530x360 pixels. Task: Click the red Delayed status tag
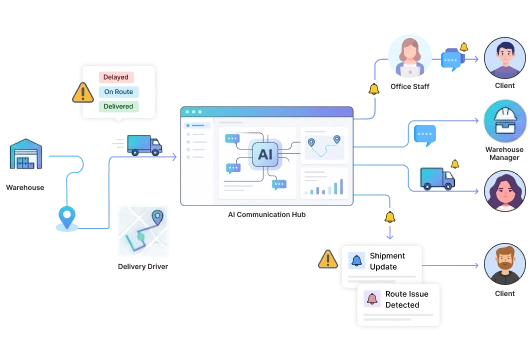click(116, 77)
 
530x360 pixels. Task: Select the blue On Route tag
click(119, 91)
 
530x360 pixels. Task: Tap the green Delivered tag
click(118, 105)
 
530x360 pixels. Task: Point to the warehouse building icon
click(24, 155)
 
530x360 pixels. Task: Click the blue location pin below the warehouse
click(66, 214)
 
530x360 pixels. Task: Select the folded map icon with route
click(142, 232)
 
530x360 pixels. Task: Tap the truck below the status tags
click(139, 145)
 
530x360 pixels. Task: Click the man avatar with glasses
click(504, 58)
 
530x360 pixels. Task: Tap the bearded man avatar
click(504, 264)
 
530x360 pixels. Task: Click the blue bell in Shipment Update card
click(357, 261)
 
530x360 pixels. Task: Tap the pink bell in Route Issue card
click(372, 298)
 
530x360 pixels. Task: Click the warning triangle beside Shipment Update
click(327, 260)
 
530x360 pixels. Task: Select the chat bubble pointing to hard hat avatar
click(426, 132)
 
